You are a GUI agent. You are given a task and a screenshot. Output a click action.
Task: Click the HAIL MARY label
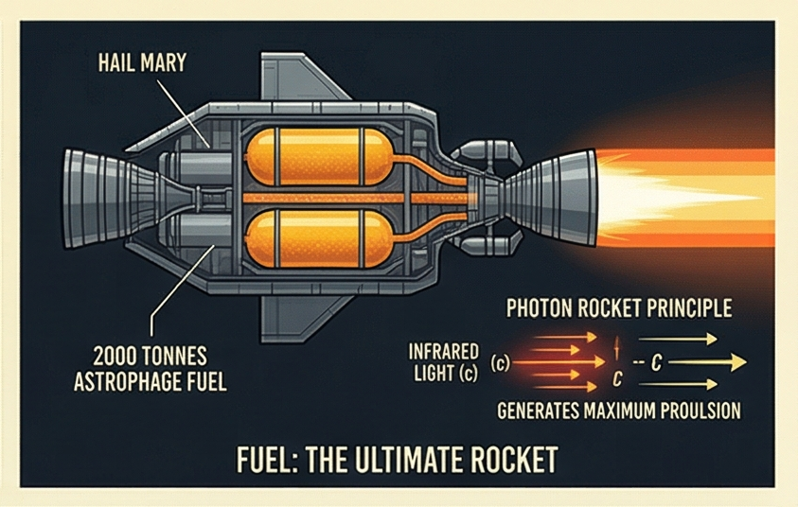pyautogui.click(x=144, y=66)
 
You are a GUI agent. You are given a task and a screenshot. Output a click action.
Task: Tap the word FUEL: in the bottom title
pyautogui.click(x=270, y=460)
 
